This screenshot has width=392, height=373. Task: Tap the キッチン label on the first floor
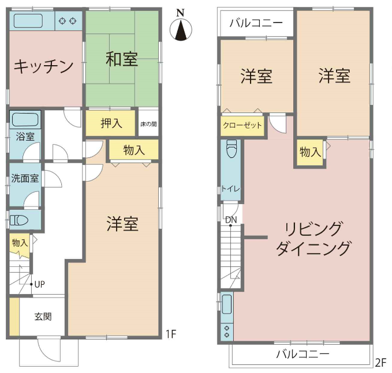pyautogui.click(x=43, y=66)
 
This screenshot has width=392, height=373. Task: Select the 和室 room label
pyautogui.click(x=122, y=59)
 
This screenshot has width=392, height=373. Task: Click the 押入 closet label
pyautogui.click(x=111, y=123)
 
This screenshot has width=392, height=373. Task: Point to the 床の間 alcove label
pyautogui.click(x=148, y=124)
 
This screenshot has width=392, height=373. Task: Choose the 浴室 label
pyautogui.click(x=25, y=137)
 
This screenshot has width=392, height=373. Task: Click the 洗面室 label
pyautogui.click(x=25, y=178)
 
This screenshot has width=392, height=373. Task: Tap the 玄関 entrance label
pyautogui.click(x=43, y=317)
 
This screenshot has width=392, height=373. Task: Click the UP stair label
pyautogui.click(x=39, y=284)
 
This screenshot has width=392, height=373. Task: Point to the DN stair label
pyautogui.click(x=231, y=220)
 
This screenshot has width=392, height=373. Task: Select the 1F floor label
pyautogui.click(x=171, y=334)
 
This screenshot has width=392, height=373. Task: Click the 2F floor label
pyautogui.click(x=381, y=363)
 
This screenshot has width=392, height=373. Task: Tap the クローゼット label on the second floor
pyautogui.click(x=242, y=125)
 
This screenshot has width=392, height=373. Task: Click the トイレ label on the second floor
pyautogui.click(x=231, y=189)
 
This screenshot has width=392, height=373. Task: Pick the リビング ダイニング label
pyautogui.click(x=313, y=239)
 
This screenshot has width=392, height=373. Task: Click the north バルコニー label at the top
pyautogui.click(x=256, y=23)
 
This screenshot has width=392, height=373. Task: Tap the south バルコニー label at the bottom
pyautogui.click(x=303, y=354)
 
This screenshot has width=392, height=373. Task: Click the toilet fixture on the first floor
pyautogui.click(x=19, y=220)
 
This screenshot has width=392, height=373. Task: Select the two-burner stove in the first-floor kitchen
pyautogui.click(x=68, y=21)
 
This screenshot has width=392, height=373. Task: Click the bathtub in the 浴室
pyautogui.click(x=25, y=119)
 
